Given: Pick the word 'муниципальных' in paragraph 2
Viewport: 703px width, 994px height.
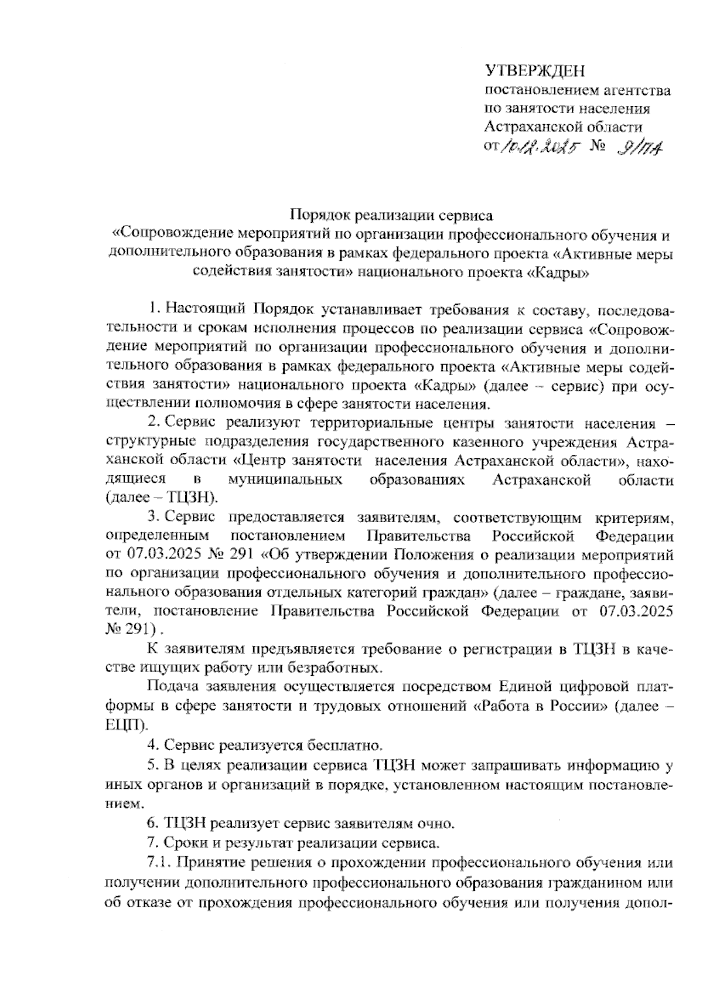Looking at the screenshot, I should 285,479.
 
